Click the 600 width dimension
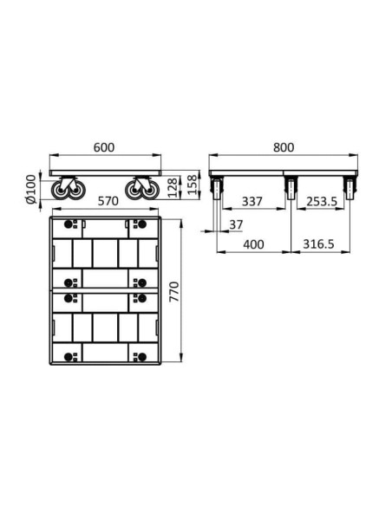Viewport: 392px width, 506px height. pos(104,147)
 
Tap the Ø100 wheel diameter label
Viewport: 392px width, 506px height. pos(31,190)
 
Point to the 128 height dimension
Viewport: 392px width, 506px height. pos(172,188)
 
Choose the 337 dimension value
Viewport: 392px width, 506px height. pos(252,202)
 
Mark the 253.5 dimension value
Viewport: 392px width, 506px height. pos(321,202)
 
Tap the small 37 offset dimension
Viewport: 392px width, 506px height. pos(235,225)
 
